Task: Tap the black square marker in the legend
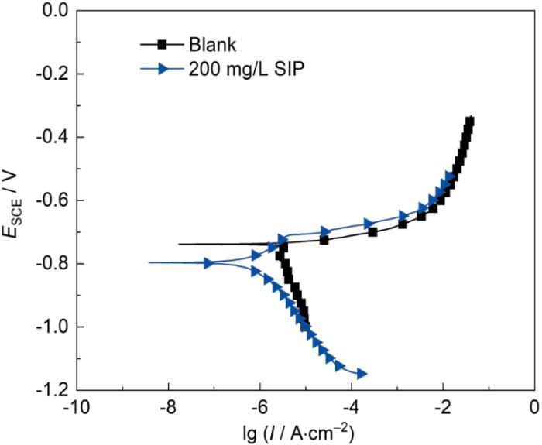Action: (163, 43)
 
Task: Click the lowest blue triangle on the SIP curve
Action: (361, 375)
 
